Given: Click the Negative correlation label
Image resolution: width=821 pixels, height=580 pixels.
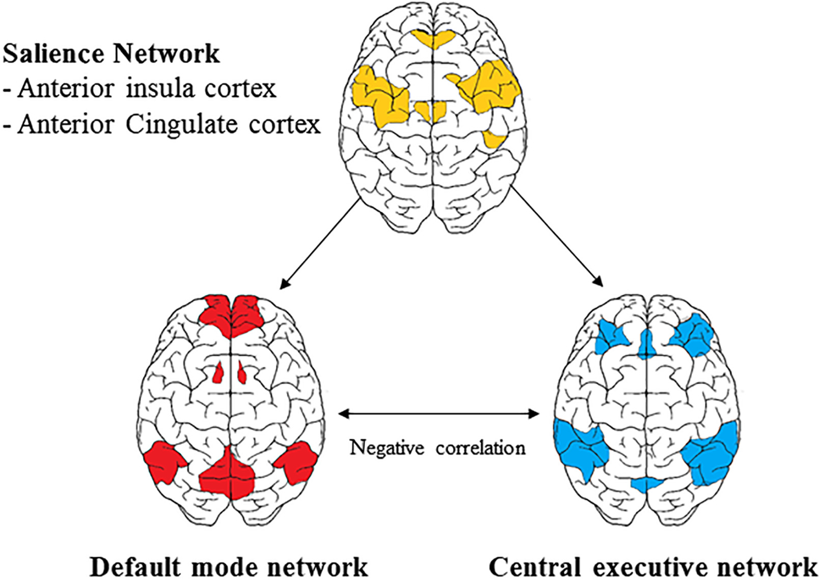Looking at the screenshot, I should tap(437, 448).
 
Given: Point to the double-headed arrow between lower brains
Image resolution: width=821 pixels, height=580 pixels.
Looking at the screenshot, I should tap(438, 413).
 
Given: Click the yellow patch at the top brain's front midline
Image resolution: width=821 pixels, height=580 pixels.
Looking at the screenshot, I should tap(433, 38).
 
